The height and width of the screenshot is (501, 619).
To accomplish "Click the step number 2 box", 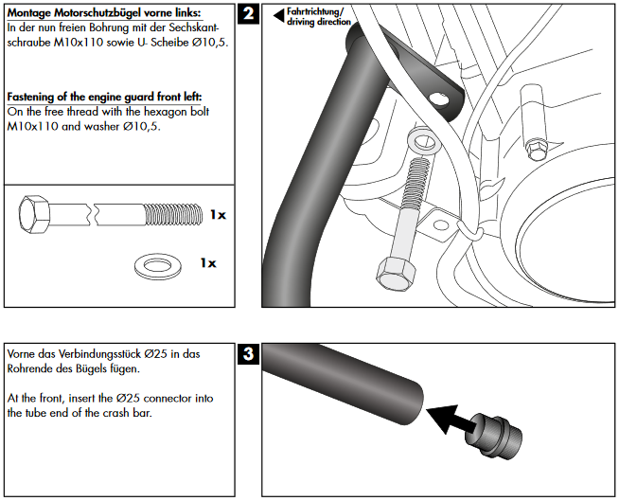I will [248, 14].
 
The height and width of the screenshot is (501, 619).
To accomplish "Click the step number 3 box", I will [248, 356].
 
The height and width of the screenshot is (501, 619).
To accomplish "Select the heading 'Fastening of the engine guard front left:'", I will [104, 97].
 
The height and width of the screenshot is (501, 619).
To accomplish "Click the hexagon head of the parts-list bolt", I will [36, 215].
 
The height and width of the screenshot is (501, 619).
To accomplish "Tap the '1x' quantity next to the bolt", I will [217, 215].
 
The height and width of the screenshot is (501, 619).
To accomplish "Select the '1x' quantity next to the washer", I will [207, 262].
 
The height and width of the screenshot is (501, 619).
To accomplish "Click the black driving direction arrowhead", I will [278, 15].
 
